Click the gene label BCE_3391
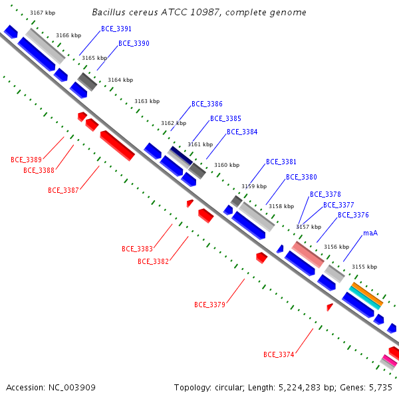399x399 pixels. pyautogui.click(x=116, y=29)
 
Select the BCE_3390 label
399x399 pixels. pyautogui.click(x=134, y=43)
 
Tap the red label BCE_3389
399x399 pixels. pyautogui.click(x=26, y=160)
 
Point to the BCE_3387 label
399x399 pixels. pyautogui.click(x=63, y=190)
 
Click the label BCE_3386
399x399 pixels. pyautogui.click(x=207, y=104)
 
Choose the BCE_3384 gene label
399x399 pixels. pyautogui.click(x=242, y=132)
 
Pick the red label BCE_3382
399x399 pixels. pyautogui.click(x=153, y=261)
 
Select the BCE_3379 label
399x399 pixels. pyautogui.click(x=209, y=305)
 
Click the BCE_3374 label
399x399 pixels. pyautogui.click(x=279, y=354)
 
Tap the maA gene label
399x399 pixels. pyautogui.click(x=370, y=233)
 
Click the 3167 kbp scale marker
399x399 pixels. pyautogui.click(x=43, y=13)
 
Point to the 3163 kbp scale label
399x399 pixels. pyautogui.click(x=147, y=101)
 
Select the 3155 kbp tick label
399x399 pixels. pyautogui.click(x=364, y=267)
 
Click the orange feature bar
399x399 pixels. pyautogui.click(x=368, y=293)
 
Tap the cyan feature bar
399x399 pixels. pyautogui.click(x=365, y=298)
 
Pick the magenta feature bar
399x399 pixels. pyautogui.click(x=390, y=360)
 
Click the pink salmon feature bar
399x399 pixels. pyautogui.click(x=308, y=255)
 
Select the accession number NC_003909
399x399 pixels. pyautogui.click(x=72, y=388)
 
